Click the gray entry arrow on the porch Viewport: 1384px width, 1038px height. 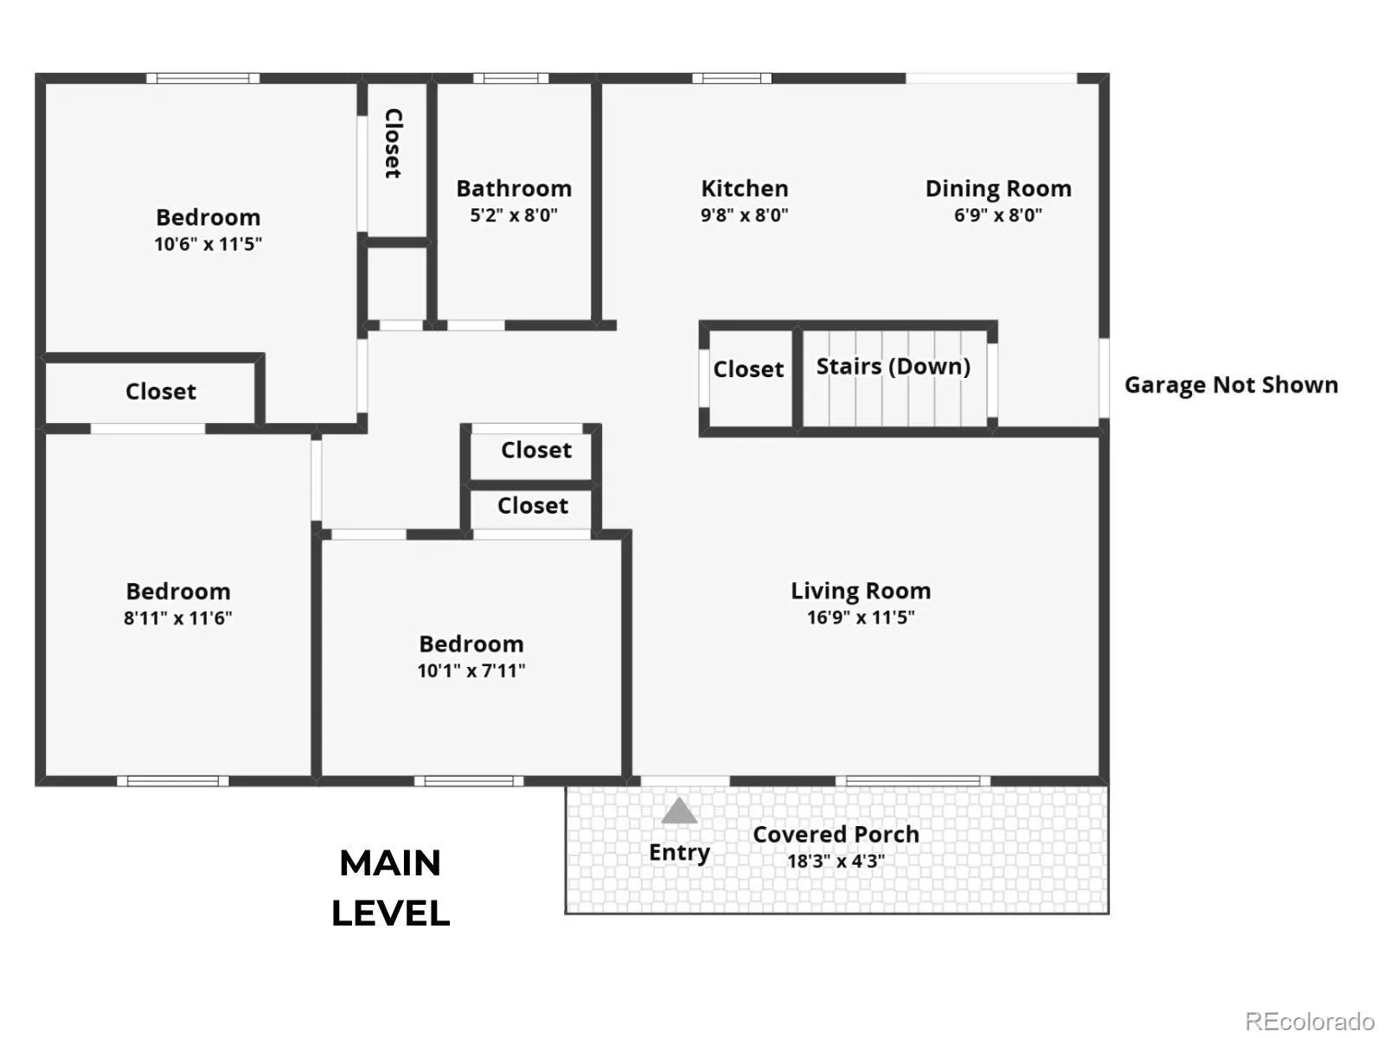[x=678, y=811]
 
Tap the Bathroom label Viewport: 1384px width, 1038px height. [x=514, y=189]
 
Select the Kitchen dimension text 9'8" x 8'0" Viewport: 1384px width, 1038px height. [x=745, y=215]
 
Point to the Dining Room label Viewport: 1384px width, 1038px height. [x=998, y=189]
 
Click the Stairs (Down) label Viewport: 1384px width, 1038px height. [x=894, y=366]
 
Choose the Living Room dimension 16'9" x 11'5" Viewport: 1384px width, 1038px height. [x=861, y=617]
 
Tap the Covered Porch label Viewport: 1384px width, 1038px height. [x=836, y=835]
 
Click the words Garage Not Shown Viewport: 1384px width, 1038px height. [x=1232, y=385]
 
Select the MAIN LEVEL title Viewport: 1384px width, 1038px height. [x=391, y=888]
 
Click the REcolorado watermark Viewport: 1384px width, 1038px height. [x=1310, y=1021]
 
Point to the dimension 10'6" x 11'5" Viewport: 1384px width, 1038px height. [x=208, y=244]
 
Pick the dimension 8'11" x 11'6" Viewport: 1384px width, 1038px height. [x=178, y=618]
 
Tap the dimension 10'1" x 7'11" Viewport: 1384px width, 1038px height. [x=471, y=670]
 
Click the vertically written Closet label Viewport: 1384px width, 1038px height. [x=394, y=144]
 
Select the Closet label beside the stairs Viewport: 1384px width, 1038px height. [x=748, y=369]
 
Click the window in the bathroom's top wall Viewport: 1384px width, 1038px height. [x=510, y=78]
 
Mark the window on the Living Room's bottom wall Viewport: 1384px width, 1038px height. [x=913, y=781]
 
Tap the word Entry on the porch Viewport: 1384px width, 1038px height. [x=680, y=853]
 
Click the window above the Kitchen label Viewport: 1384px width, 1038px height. [x=732, y=78]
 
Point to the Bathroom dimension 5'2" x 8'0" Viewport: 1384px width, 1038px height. [x=514, y=215]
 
